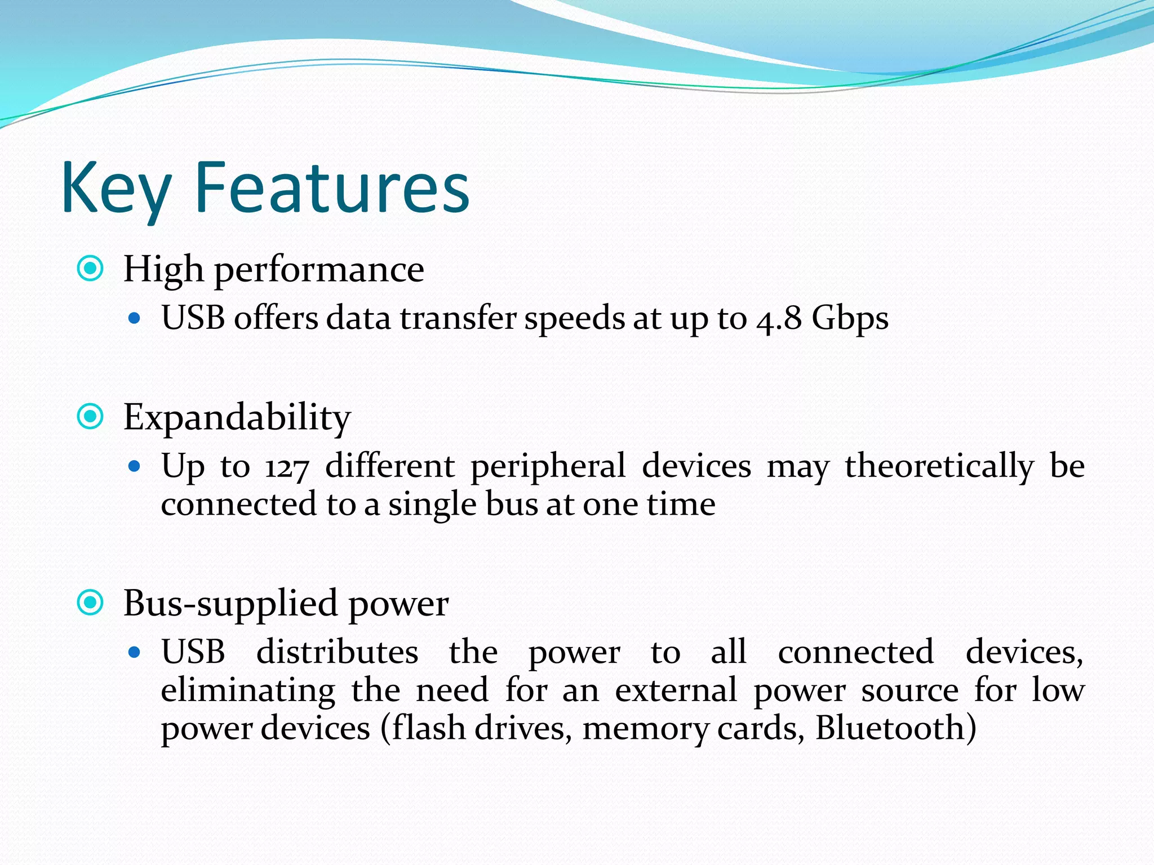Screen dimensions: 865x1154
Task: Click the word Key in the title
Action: click(x=116, y=189)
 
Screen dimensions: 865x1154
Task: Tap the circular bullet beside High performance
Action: click(x=90, y=269)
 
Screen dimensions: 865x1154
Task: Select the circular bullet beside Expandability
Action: click(x=90, y=417)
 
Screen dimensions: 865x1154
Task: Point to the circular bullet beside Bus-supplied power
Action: click(x=90, y=603)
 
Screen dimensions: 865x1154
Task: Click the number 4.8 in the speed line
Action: click(x=779, y=319)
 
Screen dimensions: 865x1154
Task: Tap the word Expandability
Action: click(x=237, y=418)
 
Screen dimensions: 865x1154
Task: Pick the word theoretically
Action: click(x=939, y=467)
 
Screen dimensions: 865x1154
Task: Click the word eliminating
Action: click(x=248, y=690)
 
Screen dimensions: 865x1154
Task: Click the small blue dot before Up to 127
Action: click(x=134, y=466)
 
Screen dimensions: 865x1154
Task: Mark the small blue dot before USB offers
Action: click(x=134, y=318)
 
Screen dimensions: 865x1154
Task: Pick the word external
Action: click(x=676, y=690)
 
